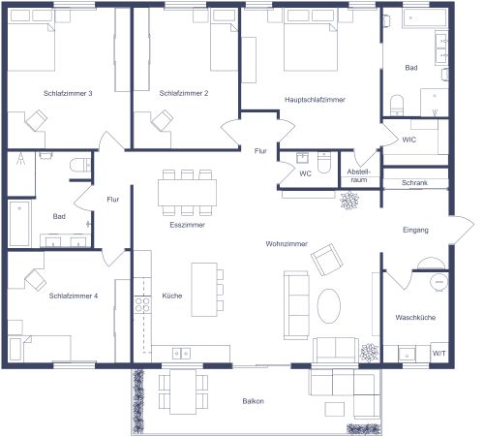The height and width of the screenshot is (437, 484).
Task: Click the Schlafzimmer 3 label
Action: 68,94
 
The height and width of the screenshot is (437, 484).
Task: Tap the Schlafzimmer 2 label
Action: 184,94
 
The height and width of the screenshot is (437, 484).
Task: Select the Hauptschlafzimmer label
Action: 316,100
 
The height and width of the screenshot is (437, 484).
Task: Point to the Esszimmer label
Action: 185,225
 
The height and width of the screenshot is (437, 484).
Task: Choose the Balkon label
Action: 254,401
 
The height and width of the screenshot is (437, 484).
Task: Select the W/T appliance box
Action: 439,354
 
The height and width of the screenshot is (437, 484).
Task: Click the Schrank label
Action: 414,182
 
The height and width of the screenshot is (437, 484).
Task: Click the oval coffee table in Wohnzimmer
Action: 329,307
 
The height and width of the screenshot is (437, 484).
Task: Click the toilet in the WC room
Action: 325,162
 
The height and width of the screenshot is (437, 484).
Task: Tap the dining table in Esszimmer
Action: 186,192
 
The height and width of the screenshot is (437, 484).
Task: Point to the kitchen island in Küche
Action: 203,289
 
